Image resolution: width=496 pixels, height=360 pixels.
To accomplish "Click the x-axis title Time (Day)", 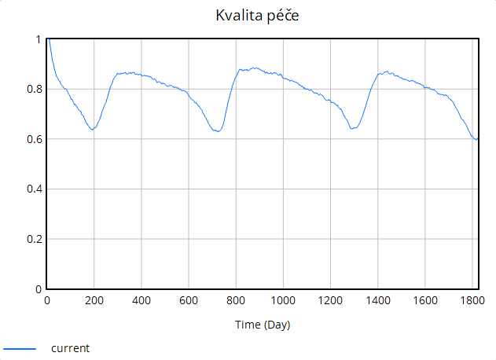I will coord(263,325).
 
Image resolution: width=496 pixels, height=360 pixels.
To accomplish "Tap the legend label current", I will coord(70,347).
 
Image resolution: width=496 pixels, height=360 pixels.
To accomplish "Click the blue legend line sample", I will coord(20,347).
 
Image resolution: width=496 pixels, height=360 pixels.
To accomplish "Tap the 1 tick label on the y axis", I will coord(39,39).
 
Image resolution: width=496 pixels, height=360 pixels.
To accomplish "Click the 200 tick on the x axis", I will coord(94,300).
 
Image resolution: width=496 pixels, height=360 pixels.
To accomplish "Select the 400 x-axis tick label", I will coord(141,300).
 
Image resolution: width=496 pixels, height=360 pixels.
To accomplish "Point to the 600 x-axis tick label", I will coord(189,300).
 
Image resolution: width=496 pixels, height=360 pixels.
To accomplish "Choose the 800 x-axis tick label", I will coord(236,300).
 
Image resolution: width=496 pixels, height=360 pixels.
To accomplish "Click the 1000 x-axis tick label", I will coord(283,300).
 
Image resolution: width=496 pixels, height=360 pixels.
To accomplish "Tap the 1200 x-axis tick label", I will coord(330,300).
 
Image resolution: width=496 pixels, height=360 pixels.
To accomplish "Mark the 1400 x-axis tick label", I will coord(377,300).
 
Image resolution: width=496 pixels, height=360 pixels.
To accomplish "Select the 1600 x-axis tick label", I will coord(424,300).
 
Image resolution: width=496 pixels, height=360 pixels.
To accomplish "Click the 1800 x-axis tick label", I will coord(471,300).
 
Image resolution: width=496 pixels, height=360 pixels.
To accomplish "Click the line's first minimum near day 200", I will coord(93,130).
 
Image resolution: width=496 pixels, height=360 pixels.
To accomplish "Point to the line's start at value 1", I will coord(48,39).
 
